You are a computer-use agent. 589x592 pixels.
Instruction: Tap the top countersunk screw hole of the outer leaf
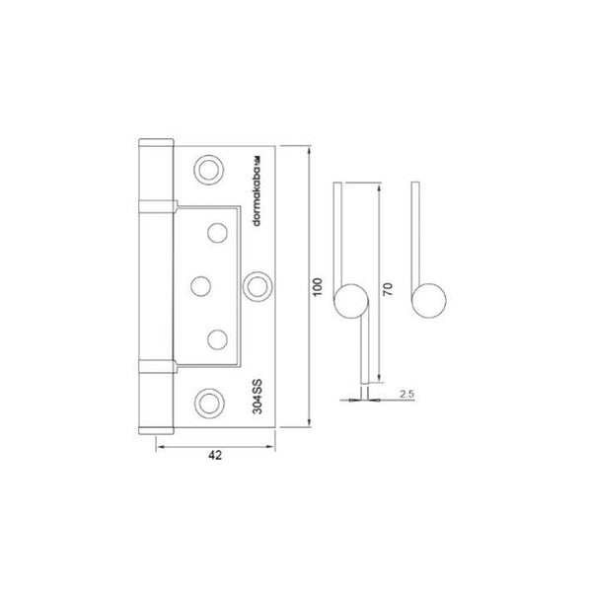[209, 169]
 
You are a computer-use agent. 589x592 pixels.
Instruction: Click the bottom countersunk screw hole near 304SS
[208, 400]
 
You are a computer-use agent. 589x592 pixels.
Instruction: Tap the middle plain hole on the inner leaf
[198, 284]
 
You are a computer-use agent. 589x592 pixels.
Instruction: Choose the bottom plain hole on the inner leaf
[217, 336]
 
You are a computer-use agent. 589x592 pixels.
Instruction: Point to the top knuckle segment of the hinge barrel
[154, 172]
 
